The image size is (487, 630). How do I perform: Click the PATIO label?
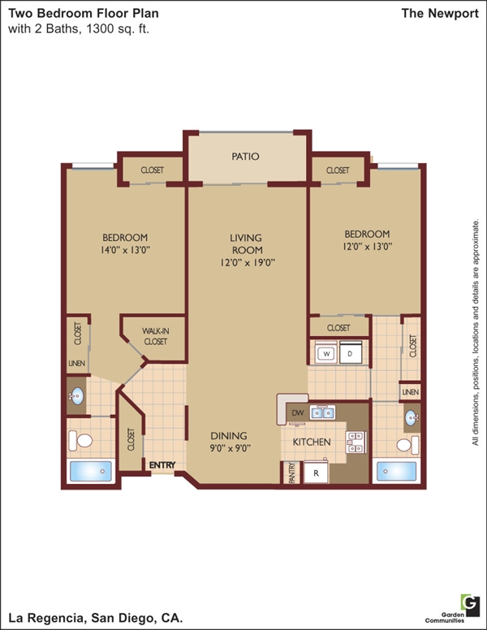[245, 157]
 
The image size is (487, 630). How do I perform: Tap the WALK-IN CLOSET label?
[156, 336]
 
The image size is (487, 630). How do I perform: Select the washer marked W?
[325, 354]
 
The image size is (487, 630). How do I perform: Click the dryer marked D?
[351, 353]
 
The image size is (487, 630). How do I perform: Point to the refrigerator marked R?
[316, 472]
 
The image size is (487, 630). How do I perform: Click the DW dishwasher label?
[298, 412]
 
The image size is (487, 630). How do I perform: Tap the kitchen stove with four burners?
[356, 442]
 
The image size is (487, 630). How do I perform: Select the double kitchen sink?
[322, 412]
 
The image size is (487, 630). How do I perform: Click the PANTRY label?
[292, 472]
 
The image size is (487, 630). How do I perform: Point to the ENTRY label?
[162, 465]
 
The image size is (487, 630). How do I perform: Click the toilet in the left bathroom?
[80, 440]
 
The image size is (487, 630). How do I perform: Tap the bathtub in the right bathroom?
[397, 471]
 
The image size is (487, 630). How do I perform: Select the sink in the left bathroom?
[76, 396]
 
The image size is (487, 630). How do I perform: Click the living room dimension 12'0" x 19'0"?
[248, 263]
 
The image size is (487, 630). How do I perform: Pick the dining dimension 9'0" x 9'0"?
[231, 448]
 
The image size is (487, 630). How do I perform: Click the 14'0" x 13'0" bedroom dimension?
[125, 250]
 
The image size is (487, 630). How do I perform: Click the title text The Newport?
[440, 13]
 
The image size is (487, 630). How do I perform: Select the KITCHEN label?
[312, 442]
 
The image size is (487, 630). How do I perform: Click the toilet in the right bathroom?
[407, 445]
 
